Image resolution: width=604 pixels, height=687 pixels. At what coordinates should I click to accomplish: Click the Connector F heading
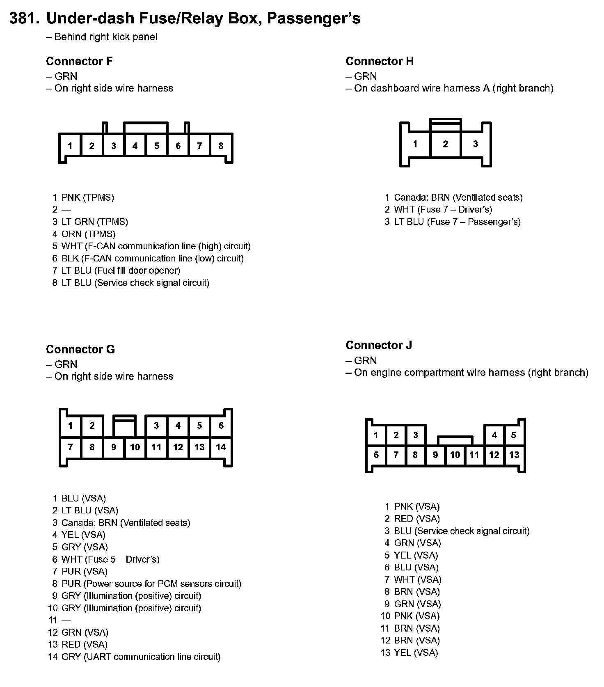point(79,62)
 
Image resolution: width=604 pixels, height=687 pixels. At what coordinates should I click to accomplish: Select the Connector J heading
point(378,346)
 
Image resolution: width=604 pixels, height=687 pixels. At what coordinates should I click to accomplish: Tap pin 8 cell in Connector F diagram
point(221,146)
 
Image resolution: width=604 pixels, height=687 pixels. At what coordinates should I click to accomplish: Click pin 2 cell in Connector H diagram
point(445,144)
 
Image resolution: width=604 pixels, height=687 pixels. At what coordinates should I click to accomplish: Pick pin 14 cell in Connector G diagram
point(221,447)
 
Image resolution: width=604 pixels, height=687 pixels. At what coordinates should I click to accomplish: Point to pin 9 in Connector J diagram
point(435,455)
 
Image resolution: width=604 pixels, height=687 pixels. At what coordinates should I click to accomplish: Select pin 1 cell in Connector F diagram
point(70,146)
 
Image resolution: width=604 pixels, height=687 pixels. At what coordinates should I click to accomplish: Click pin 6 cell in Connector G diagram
point(221,426)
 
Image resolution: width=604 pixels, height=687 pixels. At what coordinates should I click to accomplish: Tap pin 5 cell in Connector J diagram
point(513,435)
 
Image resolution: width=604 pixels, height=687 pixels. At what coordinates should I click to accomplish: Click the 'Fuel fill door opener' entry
point(121,270)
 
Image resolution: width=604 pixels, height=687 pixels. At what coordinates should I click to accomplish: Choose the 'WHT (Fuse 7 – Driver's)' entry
point(443,210)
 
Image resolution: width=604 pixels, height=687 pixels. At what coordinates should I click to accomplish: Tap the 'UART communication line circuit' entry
point(141,657)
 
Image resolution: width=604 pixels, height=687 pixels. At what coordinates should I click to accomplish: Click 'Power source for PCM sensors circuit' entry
point(151,584)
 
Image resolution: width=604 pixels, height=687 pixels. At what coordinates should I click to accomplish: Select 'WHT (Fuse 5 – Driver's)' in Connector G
point(110,559)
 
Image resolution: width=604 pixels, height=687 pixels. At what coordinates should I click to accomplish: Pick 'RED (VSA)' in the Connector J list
point(416,519)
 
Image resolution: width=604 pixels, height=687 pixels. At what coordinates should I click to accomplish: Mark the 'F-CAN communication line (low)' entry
point(152,259)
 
